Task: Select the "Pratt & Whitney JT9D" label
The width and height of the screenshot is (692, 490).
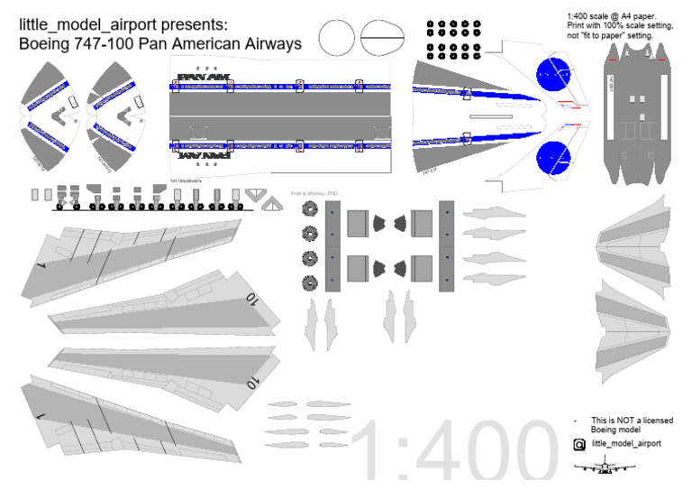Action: (313, 193)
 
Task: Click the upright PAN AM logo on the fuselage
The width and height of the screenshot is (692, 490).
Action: (203, 77)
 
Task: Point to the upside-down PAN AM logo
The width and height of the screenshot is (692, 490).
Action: (203, 154)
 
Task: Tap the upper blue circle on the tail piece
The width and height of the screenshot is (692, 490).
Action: (554, 75)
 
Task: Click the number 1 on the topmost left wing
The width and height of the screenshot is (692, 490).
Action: (41, 266)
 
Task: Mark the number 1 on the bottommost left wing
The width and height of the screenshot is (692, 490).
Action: (41, 416)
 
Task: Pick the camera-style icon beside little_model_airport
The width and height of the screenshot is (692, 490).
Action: (579, 445)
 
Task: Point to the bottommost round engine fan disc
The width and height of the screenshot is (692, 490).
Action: (311, 282)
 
